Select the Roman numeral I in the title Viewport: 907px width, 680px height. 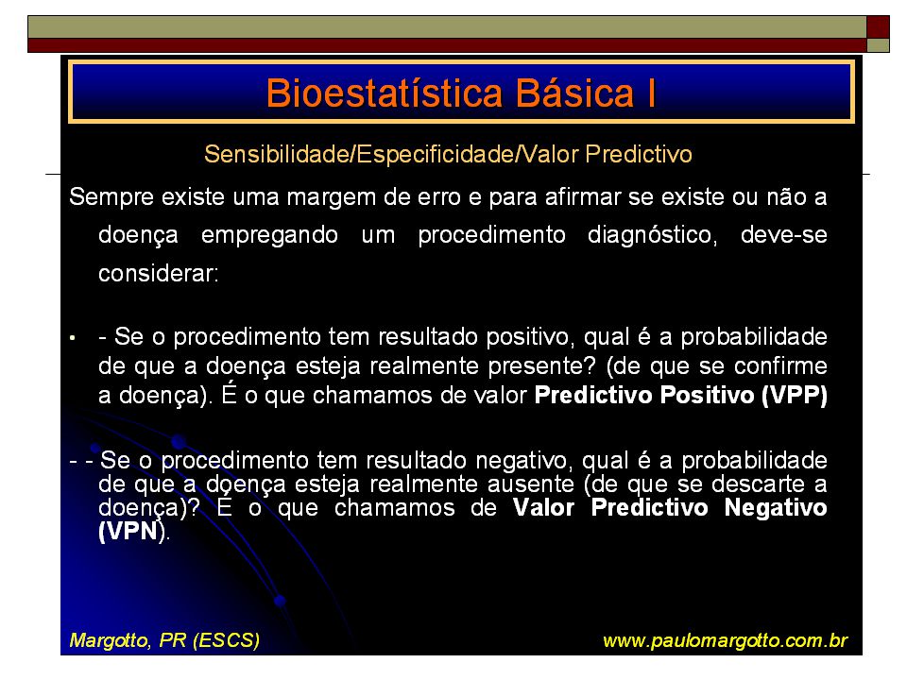652,93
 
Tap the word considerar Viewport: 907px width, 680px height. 159,274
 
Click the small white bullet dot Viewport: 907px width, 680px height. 73,338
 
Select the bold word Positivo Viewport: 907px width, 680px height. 706,395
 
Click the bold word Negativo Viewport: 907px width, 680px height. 776,508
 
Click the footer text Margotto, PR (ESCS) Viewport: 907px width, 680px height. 164,640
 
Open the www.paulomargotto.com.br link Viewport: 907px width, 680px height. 725,641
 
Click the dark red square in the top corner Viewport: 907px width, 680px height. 878,27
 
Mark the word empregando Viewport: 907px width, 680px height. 269,236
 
